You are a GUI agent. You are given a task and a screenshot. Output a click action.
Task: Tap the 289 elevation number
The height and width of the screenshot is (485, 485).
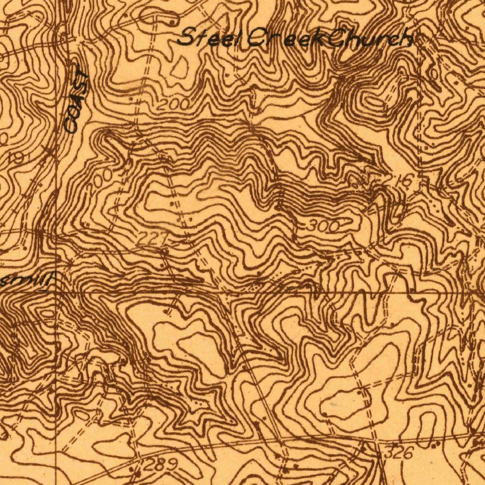[160, 465]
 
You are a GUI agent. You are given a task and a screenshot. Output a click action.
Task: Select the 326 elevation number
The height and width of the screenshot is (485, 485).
[399, 453]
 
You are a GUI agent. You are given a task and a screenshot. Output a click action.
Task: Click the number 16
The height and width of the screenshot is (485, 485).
[404, 180]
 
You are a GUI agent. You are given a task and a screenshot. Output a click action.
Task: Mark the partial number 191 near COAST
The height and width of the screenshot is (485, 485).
[17, 158]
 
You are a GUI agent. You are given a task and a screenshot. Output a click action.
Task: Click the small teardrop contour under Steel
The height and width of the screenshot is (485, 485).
[180, 68]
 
